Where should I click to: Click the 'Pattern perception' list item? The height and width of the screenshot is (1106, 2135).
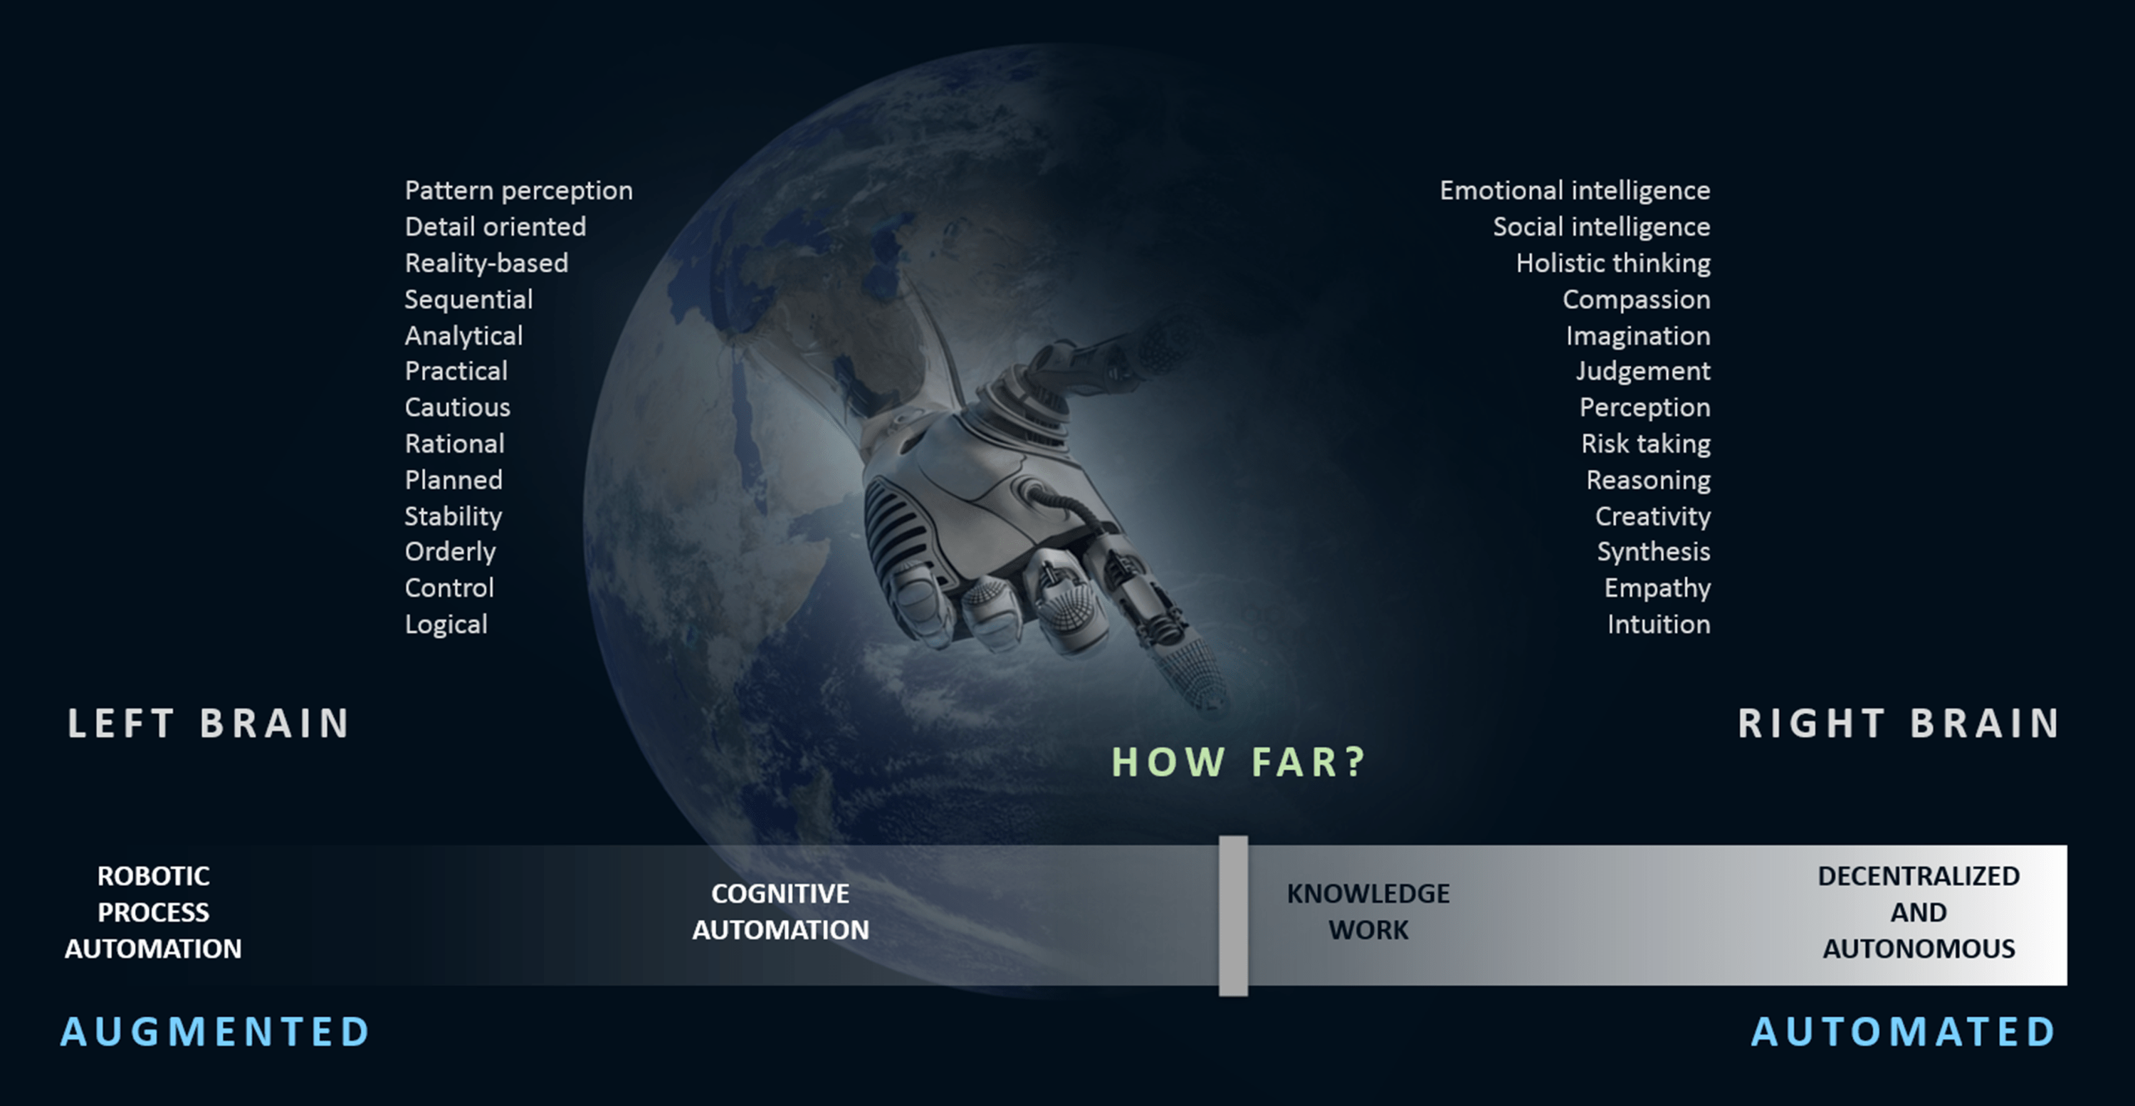click(519, 191)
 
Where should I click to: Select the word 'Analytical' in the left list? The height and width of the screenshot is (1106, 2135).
click(463, 335)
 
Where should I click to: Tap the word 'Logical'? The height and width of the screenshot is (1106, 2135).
click(446, 625)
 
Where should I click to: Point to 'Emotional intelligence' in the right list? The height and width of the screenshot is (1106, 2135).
click(1575, 191)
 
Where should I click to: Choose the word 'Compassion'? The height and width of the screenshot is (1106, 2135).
click(1636, 299)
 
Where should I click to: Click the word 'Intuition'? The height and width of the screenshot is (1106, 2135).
click(1659, 625)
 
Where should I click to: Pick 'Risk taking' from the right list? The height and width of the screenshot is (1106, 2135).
click(1645, 444)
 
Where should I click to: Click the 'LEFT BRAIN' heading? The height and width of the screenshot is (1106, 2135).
click(209, 723)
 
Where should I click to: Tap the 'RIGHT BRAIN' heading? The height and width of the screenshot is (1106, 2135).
click(1899, 723)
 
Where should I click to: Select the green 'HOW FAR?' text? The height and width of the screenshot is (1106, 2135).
click(1238, 762)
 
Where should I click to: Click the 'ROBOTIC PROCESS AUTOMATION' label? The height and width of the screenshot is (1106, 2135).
click(153, 912)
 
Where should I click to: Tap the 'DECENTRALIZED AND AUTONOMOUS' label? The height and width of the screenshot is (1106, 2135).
click(1919, 912)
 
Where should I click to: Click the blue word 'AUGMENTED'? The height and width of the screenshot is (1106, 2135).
click(216, 1032)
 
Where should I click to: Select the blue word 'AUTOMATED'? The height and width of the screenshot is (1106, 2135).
click(1903, 1032)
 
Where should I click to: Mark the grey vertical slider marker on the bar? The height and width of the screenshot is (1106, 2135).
click(1233, 915)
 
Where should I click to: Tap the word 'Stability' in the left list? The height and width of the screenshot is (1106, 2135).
click(453, 516)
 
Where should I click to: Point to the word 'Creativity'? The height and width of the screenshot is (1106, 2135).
click(1652, 516)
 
